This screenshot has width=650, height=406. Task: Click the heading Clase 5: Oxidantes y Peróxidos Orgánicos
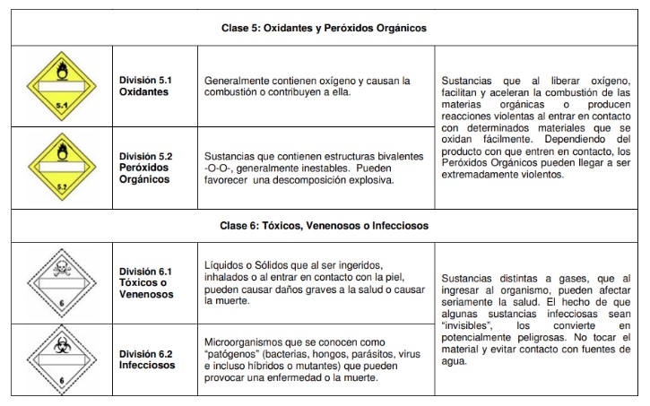324,28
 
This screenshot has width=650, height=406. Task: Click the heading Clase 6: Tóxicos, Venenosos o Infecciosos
324,224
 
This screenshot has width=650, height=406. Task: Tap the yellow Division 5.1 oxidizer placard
60,86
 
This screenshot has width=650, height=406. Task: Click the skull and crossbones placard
60,282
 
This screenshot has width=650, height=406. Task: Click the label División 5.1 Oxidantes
145,86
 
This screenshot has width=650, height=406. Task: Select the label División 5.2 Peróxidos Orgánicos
146,167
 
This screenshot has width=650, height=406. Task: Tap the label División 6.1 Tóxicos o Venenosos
146,282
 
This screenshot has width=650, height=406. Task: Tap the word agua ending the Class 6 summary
455,361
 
